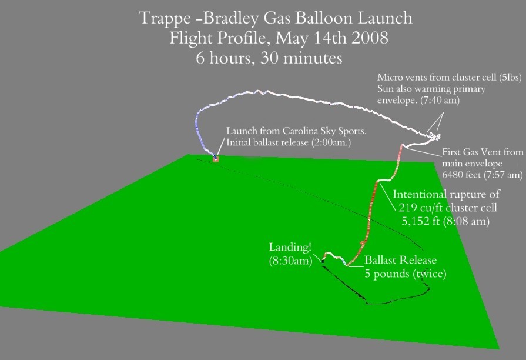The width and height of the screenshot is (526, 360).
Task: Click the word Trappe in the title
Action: (165, 18)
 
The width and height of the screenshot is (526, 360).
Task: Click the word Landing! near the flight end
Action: (290, 247)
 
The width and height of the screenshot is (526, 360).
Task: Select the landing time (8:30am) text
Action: (290, 261)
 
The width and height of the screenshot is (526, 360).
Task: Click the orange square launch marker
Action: (215, 159)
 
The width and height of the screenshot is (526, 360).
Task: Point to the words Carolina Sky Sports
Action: (324, 131)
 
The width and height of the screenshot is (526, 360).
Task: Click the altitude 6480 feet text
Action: (463, 175)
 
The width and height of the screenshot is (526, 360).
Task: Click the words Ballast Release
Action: (401, 260)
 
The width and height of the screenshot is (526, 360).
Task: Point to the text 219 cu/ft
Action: (421, 208)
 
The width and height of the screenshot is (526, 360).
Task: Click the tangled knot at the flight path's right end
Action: (434, 136)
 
